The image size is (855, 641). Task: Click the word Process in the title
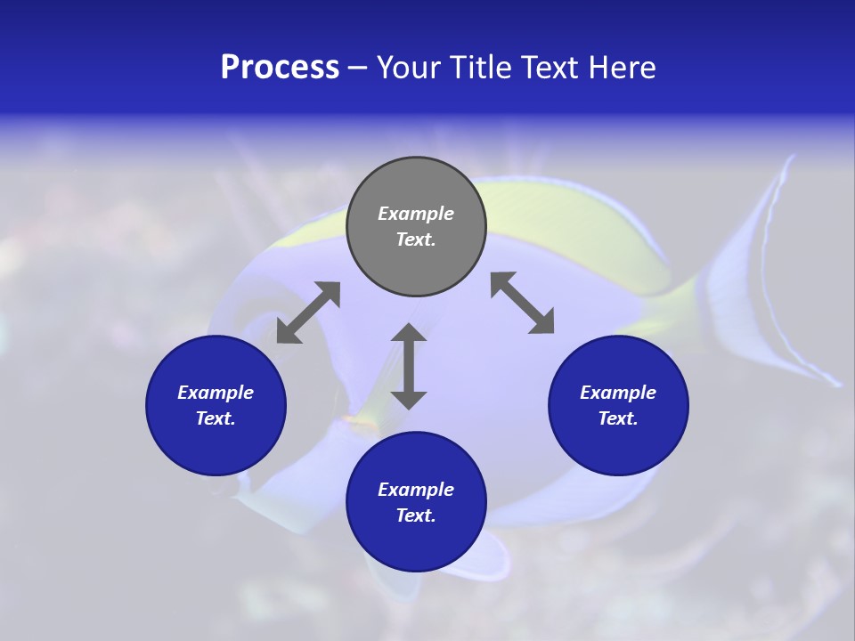(x=280, y=68)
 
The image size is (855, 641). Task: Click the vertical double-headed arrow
(x=409, y=366)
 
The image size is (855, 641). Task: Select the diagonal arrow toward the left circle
(x=308, y=312)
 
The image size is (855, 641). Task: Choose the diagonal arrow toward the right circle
(x=523, y=304)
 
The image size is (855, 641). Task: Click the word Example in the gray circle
(x=416, y=214)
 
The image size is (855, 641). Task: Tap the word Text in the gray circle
(x=416, y=239)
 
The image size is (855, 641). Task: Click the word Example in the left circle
(x=216, y=393)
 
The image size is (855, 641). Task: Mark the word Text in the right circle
(x=618, y=418)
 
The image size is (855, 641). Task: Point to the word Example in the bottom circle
(x=416, y=490)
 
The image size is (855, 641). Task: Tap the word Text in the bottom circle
(x=416, y=515)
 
